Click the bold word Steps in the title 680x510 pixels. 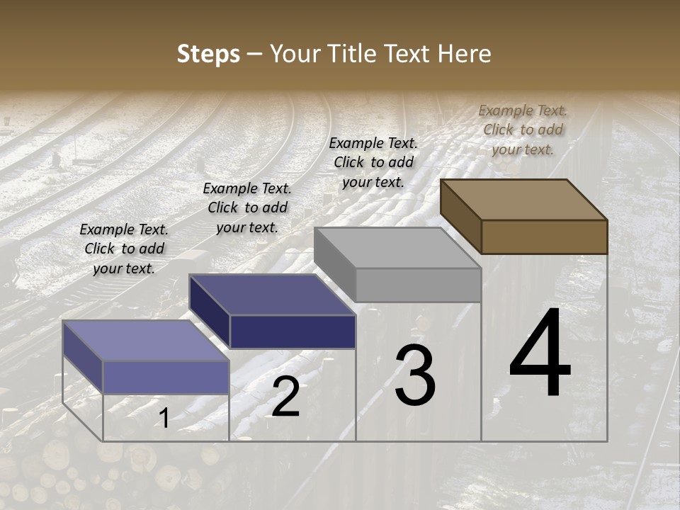point(208,54)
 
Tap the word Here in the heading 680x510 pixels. point(465,54)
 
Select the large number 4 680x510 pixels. point(540,354)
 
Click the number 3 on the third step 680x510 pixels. point(415,375)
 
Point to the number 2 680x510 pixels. point(285,397)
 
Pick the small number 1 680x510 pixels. point(164,418)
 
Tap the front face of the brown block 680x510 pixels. point(544,237)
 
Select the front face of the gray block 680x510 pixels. point(418,285)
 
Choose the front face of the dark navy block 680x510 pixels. point(293,331)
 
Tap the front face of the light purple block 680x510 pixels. point(166,377)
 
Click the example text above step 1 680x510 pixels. point(124,249)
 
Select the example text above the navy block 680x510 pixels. point(247,208)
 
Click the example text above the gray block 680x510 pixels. point(373,162)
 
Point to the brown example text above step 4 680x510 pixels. point(523,130)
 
